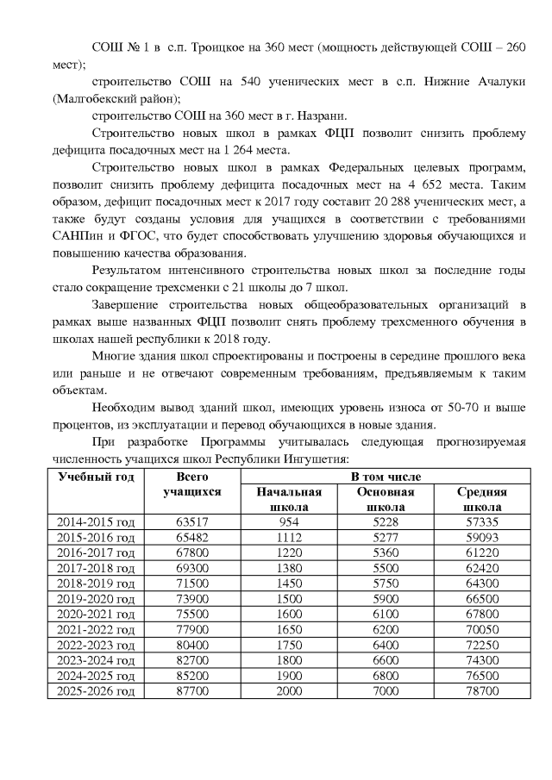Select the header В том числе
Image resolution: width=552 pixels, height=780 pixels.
point(386,477)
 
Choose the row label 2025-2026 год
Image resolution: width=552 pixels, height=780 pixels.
point(96,693)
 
